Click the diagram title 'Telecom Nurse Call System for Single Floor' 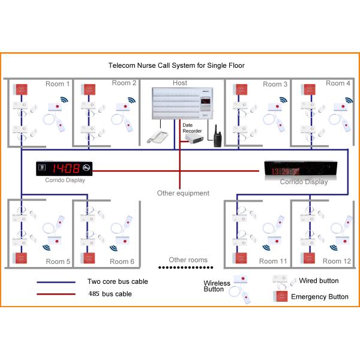pos(176,65)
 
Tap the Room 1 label pos(58,84)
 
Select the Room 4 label pos(338,83)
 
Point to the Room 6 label pos(122,262)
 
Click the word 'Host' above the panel pos(179,83)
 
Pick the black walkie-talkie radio pos(217,137)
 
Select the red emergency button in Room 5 pos(22,258)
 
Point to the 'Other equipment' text pos(183,193)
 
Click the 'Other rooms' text pos(188,260)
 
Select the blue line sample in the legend pos(56,281)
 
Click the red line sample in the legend pos(56,294)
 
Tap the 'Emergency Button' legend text pos(319,296)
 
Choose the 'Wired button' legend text pos(319,281)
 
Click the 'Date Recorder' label pos(192,127)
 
